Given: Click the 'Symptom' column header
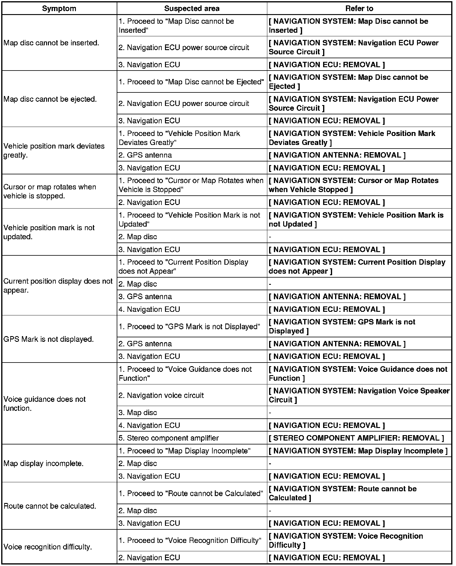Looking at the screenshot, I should point(59,8).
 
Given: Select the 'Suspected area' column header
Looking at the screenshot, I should point(192,8).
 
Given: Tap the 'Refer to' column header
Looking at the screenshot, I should point(359,8).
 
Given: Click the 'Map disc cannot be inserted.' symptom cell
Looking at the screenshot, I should point(51,43).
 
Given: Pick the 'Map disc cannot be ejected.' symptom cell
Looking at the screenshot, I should point(50,99).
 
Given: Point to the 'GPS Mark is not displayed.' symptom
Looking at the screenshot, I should point(49,339).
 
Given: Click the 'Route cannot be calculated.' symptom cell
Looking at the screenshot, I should point(50,506).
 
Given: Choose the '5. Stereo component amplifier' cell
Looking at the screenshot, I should point(169,438).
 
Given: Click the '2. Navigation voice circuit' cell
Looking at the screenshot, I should point(161,395).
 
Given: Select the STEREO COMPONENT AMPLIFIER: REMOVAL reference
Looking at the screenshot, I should point(356,438).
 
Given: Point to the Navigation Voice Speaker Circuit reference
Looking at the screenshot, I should point(359,395).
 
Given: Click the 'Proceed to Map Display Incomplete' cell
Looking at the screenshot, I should point(184,451).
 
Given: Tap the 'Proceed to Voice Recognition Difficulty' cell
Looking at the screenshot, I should point(190,540).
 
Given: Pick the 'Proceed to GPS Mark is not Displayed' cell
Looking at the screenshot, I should point(189,327).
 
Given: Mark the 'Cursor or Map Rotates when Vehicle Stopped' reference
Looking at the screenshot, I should point(353,185).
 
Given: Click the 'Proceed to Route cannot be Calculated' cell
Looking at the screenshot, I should point(191,493).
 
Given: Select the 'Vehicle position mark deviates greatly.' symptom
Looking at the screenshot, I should point(54,151).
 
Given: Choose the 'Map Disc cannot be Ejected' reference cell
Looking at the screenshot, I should point(348,82).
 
